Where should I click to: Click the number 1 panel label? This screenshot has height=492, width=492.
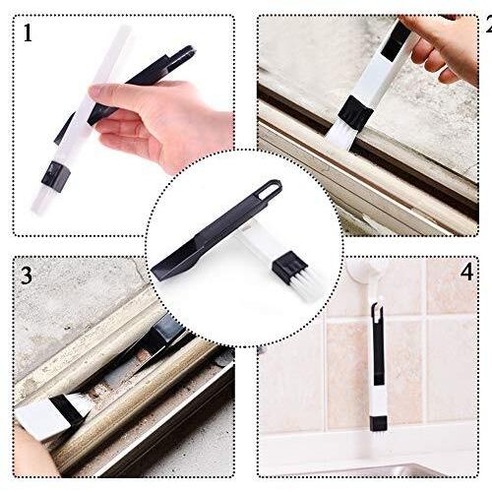(28, 32)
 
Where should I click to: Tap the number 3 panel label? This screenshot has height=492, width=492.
(27, 275)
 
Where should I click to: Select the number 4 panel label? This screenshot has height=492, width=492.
(466, 272)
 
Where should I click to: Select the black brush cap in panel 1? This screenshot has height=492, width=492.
(56, 176)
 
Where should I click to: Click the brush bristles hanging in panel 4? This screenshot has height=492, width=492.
(378, 440)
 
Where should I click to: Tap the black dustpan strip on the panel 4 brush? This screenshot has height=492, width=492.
(378, 346)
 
